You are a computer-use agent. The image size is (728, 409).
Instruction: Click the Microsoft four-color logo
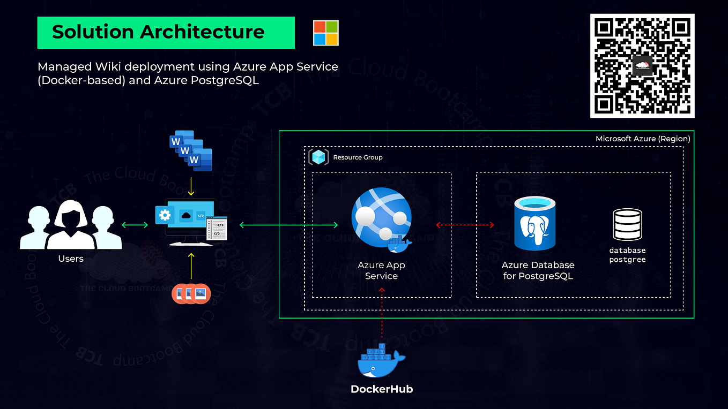pos(326,33)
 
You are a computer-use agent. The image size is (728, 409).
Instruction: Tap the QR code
pos(642,66)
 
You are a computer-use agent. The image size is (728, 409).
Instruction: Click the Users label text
pos(71,259)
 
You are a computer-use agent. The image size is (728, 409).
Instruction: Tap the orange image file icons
pos(191,293)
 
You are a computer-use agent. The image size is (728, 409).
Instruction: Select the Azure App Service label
pos(381,270)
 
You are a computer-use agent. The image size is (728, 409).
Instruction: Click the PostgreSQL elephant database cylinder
pos(535,224)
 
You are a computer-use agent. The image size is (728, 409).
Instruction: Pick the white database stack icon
pos(627,224)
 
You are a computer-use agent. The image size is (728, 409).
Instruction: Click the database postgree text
pos(627,255)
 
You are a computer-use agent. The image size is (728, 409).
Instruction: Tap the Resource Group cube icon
pos(318,157)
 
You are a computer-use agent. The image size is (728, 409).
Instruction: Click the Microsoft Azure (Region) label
pos(642,139)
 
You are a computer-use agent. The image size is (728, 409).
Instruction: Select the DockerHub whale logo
pos(381,360)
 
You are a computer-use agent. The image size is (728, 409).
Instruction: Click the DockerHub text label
pos(381,389)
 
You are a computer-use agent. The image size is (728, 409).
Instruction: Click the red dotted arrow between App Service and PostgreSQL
pos(464,225)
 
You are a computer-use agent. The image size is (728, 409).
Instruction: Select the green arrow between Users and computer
pos(135,225)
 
